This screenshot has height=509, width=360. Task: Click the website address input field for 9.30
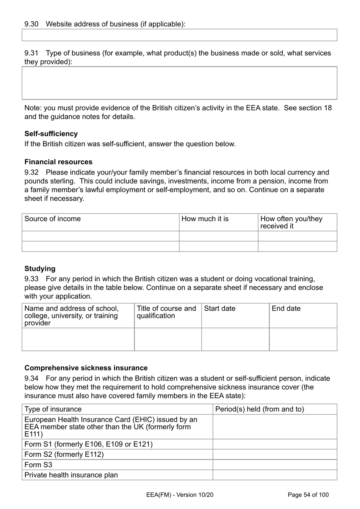179,35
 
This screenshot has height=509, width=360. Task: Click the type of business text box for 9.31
179,83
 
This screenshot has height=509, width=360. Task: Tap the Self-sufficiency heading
51,134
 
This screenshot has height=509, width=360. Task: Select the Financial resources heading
58,162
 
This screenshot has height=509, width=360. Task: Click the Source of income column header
53,219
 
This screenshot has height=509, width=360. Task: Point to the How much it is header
205,219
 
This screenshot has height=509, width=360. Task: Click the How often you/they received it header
291,222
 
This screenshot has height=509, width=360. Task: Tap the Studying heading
40,269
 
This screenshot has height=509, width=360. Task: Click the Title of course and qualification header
166,312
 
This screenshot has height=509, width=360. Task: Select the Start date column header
220,309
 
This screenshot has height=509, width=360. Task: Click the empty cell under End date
303,339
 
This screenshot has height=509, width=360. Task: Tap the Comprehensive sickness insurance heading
86,368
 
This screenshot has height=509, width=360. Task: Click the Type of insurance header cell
53,409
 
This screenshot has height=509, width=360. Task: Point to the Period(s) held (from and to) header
260,409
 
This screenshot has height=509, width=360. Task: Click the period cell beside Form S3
275,465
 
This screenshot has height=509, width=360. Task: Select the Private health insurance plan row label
71,475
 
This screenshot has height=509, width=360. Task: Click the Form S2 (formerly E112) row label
64,454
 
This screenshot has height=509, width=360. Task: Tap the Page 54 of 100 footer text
308,495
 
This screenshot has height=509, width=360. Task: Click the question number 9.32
31,173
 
